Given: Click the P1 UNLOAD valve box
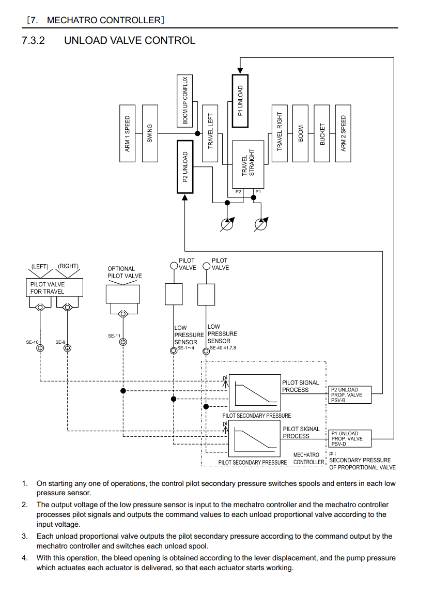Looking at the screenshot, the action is (240, 101).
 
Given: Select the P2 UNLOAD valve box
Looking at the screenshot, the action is (185, 166).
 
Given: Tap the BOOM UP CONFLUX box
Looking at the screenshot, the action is (185, 101).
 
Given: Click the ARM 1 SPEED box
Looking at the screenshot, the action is (128, 133).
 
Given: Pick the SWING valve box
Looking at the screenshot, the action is (150, 133).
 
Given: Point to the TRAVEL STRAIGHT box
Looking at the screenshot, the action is (248, 164).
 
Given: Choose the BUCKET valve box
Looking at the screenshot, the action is (322, 133).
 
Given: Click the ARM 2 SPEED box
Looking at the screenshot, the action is (344, 133).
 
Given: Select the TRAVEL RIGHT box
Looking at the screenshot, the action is (280, 133).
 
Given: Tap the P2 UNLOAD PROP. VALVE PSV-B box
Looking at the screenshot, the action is (350, 395).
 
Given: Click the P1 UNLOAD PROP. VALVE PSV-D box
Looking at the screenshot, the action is (350, 439).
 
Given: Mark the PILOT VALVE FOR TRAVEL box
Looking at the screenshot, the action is (54, 287).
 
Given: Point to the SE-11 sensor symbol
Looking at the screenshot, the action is (123, 342).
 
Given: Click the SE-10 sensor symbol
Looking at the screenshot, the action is (40, 348).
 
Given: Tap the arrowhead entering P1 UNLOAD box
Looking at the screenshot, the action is (240, 71).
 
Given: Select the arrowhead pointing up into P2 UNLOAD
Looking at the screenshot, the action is (185, 197).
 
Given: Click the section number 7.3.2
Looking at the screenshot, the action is (34, 40).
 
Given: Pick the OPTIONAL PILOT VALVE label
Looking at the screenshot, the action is (125, 272).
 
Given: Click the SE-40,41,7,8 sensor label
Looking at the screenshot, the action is (223, 348).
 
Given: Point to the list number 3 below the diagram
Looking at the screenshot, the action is (24, 536).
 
